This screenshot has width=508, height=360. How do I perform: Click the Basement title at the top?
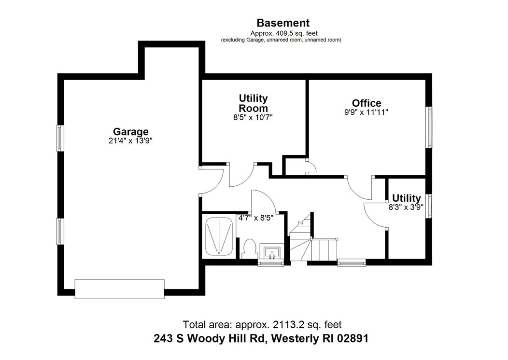(283, 23)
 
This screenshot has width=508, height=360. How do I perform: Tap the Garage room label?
(130, 131)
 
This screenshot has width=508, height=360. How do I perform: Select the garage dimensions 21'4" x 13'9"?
(130, 141)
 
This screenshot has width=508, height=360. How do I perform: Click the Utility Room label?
(253, 103)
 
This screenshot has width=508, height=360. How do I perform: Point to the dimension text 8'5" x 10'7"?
(253, 117)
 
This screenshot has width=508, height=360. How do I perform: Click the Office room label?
(367, 103)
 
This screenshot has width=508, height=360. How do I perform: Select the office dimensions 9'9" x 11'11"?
(367, 112)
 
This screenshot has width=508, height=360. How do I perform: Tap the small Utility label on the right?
(406, 198)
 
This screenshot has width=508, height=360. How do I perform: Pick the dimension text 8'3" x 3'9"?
(406, 207)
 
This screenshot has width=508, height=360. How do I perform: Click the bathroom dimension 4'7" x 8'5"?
(256, 218)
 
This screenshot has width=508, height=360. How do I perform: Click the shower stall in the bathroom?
(218, 236)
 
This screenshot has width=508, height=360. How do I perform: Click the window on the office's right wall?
(428, 127)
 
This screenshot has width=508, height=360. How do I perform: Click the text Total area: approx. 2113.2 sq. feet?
(262, 324)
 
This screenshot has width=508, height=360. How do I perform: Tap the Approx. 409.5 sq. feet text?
(283, 33)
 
